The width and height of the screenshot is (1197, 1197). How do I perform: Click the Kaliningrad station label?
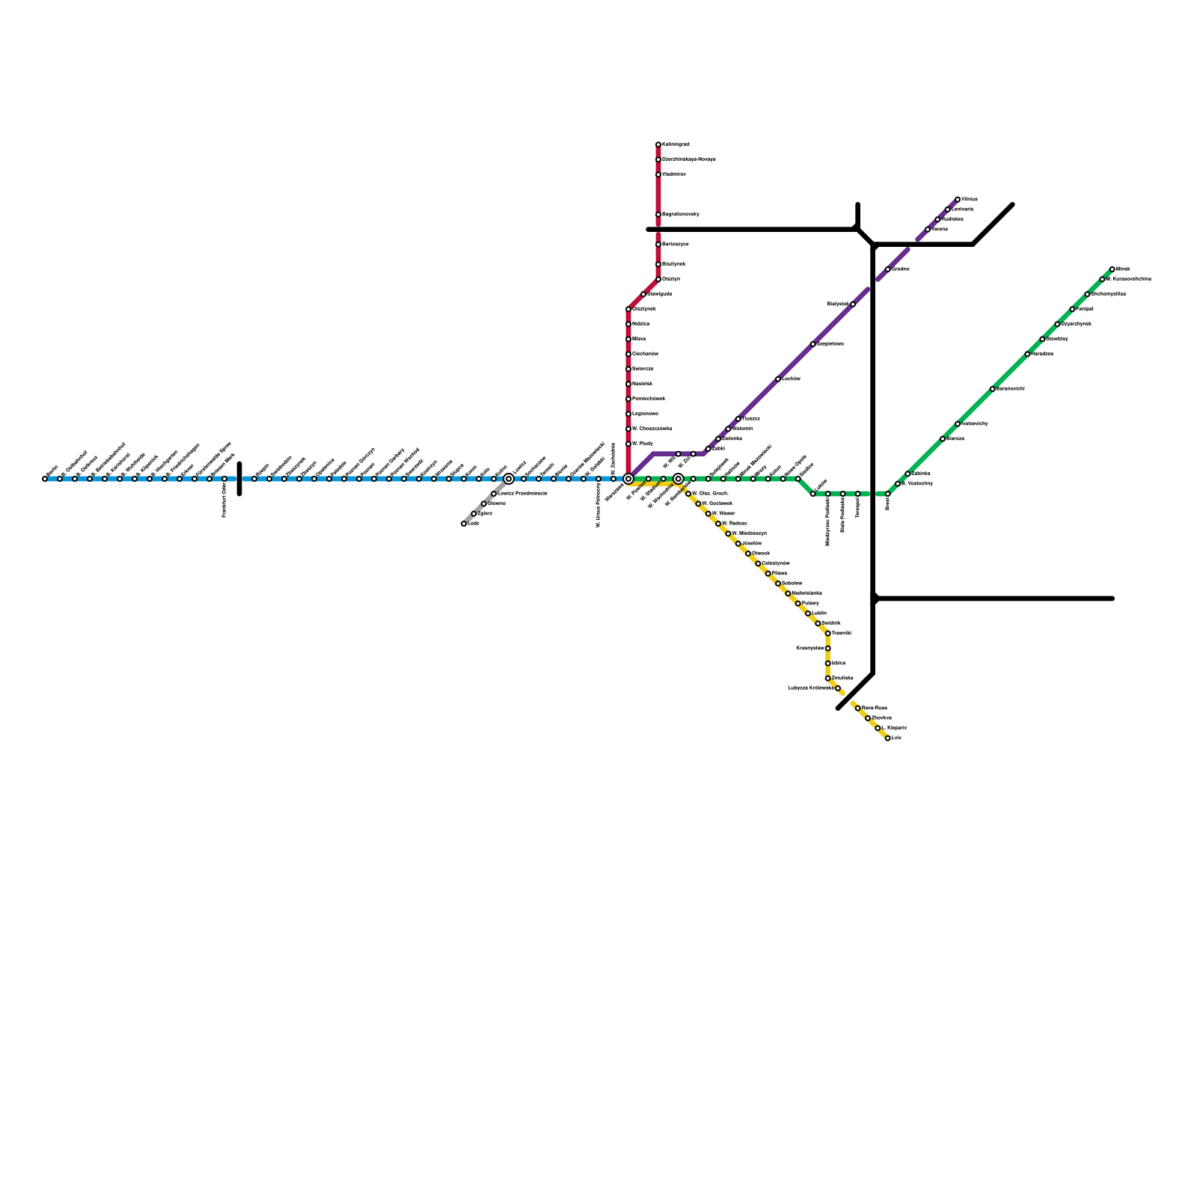(x=676, y=144)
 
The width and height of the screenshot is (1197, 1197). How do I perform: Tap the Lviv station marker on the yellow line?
(x=888, y=738)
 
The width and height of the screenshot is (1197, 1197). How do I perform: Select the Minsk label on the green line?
(x=1123, y=269)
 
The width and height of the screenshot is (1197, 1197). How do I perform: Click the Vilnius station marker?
(x=958, y=200)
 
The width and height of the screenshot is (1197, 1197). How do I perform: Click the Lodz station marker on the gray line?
(x=464, y=524)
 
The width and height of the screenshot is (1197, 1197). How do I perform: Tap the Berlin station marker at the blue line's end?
(x=45, y=479)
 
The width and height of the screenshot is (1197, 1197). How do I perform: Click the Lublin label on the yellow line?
(x=819, y=613)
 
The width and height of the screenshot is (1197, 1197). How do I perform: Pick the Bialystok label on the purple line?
(x=838, y=304)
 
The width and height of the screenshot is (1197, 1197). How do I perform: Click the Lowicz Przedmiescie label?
(x=522, y=494)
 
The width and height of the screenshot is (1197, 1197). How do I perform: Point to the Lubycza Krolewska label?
(x=811, y=688)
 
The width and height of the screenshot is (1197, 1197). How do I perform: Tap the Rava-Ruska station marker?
(x=858, y=708)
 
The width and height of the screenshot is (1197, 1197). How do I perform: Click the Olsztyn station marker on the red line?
(x=658, y=279)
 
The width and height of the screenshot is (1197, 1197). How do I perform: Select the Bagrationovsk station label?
(x=680, y=215)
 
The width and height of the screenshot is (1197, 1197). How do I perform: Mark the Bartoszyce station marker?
(x=658, y=245)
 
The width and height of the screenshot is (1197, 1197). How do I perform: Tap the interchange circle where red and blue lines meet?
(x=628, y=479)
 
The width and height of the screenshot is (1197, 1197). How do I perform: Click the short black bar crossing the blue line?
(x=239, y=479)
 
